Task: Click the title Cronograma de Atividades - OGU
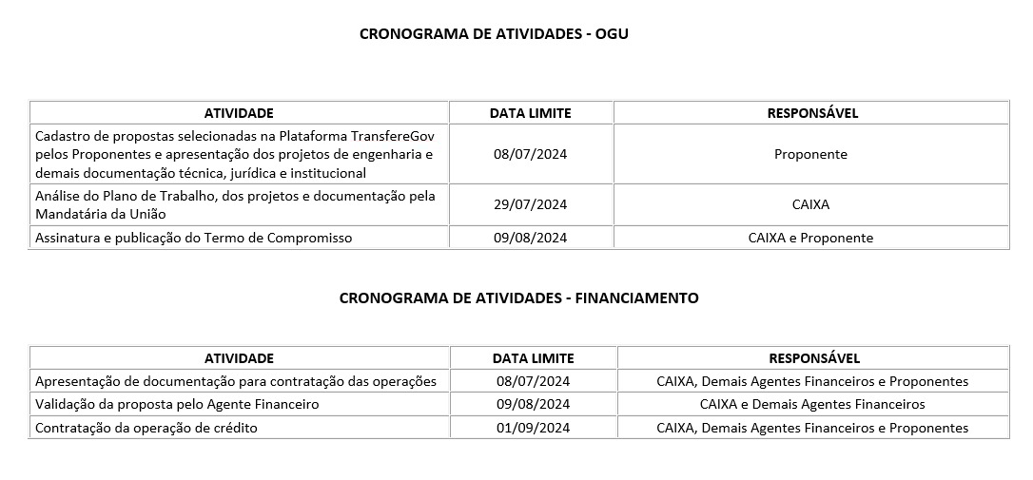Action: tap(494, 34)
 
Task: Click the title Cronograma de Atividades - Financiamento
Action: tap(518, 298)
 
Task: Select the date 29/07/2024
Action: tap(530, 204)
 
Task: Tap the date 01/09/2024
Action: tap(533, 428)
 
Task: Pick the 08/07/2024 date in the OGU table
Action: tap(530, 154)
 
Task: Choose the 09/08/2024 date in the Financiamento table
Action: tap(533, 405)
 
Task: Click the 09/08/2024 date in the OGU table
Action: tap(530, 239)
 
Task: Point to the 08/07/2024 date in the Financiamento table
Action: tap(533, 382)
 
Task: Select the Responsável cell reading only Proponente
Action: tap(810, 154)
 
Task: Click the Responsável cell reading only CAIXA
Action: tap(810, 204)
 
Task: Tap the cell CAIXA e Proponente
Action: tap(810, 239)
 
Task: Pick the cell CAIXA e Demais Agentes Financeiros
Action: tap(812, 405)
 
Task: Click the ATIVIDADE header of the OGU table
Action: tap(239, 113)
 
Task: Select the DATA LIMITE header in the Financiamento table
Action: tap(533, 358)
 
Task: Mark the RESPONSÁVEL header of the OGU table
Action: tap(811, 113)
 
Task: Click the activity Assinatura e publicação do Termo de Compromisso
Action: tap(193, 239)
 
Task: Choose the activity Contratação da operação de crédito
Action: tap(146, 428)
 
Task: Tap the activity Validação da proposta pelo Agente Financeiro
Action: tap(177, 405)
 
